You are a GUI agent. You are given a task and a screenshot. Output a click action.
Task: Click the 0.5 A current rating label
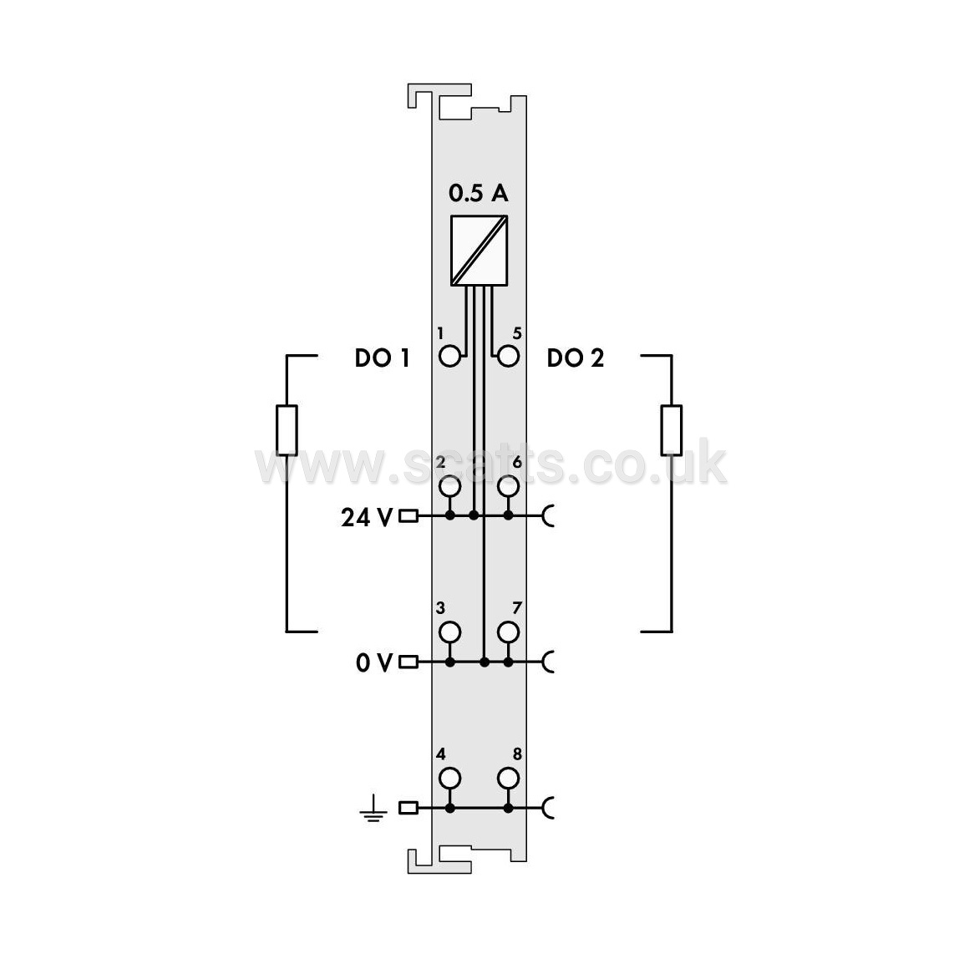pos(478,193)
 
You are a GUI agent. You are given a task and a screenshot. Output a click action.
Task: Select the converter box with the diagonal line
pos(479,250)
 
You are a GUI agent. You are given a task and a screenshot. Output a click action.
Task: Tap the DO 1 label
pos(382,358)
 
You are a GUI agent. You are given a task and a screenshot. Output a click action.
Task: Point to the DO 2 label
pos(576,358)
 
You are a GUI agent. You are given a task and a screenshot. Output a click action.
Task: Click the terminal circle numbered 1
pos(449,356)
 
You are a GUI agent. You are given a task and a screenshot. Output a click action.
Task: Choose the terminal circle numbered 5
pos(508,356)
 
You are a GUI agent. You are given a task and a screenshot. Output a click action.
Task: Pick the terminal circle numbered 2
pos(449,486)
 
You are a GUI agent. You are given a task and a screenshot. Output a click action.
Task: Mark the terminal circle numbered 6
pos(508,486)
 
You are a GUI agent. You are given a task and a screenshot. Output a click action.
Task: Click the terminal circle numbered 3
pos(449,632)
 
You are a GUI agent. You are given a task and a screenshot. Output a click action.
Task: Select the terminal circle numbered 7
pos(508,632)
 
